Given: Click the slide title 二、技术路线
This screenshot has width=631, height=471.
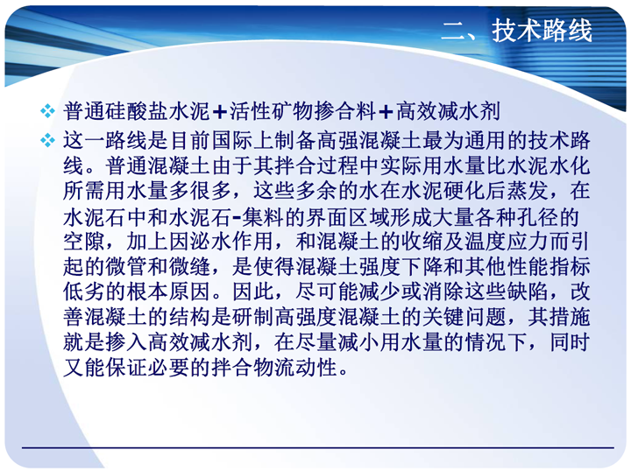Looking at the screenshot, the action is click(x=517, y=31).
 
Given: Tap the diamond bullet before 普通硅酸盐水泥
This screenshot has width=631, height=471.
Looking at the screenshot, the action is click(x=48, y=111).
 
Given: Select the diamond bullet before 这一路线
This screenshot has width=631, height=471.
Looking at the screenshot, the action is click(x=48, y=140).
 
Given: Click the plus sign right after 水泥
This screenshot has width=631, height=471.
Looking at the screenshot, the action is click(x=220, y=112).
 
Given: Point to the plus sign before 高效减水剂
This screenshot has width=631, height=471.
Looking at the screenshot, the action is click(x=386, y=112).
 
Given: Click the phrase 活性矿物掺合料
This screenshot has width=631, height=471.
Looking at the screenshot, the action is click(x=302, y=111).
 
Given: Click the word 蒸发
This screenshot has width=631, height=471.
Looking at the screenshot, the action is click(x=528, y=191).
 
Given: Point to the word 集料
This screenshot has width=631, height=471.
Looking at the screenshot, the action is click(x=264, y=217).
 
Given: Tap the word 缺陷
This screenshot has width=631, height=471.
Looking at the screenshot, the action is click(x=528, y=292).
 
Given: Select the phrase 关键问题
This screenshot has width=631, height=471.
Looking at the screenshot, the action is click(x=464, y=317).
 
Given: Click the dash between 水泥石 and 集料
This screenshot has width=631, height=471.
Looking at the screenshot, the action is click(x=237, y=218).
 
